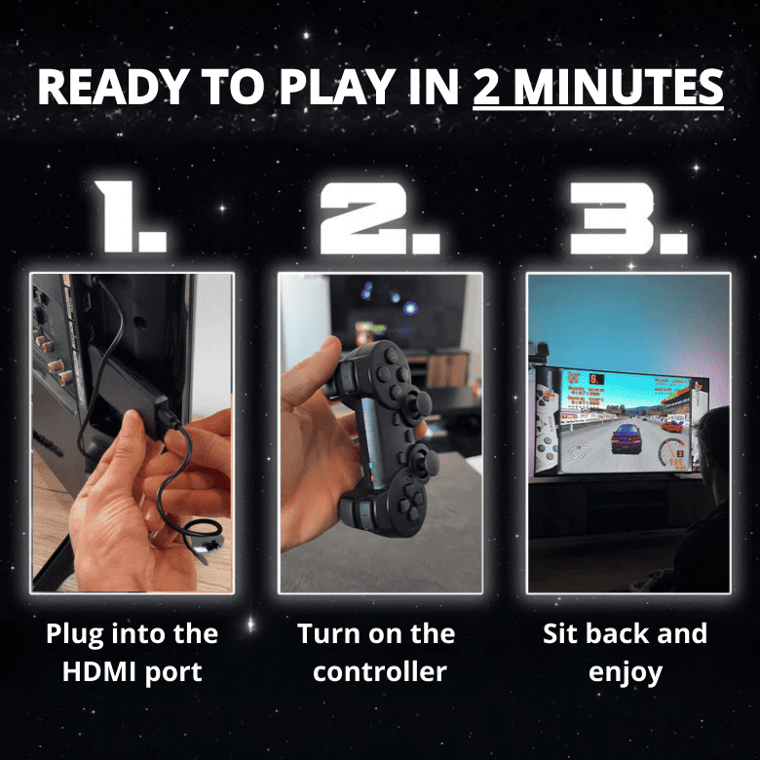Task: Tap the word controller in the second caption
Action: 379,671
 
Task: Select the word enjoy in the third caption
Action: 625,671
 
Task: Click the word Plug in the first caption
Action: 78,634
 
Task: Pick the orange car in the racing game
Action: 672,425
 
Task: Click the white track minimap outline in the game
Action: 582,452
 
